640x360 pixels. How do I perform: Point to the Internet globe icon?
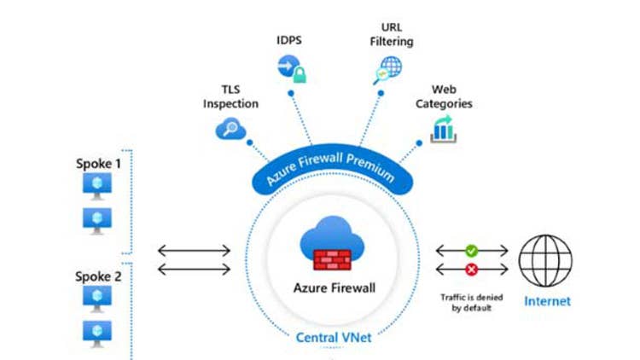(545, 260)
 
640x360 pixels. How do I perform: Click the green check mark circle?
(472, 251)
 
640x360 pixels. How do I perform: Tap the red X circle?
(472, 271)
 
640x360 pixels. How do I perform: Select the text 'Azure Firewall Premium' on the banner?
(330, 164)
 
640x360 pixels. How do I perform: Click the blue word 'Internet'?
(547, 301)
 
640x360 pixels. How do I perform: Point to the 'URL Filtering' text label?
(392, 34)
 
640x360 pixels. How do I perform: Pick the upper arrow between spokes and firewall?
(194, 251)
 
